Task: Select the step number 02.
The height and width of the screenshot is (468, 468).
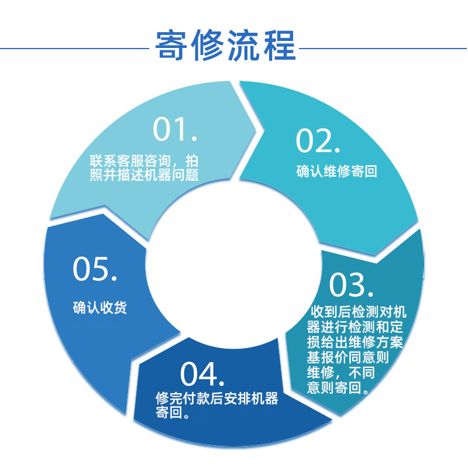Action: [x=318, y=141]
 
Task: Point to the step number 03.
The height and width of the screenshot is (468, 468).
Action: [x=351, y=285]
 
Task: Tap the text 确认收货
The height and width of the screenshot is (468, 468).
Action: [x=100, y=307]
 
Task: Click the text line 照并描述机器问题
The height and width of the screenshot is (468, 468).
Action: [x=144, y=175]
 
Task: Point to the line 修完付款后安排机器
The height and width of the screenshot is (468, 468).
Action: [x=216, y=399]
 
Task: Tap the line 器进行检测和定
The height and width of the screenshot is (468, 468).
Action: [x=355, y=325]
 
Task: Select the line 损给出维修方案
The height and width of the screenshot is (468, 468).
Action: [x=355, y=341]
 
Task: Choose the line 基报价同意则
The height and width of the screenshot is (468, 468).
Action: [x=347, y=356]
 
